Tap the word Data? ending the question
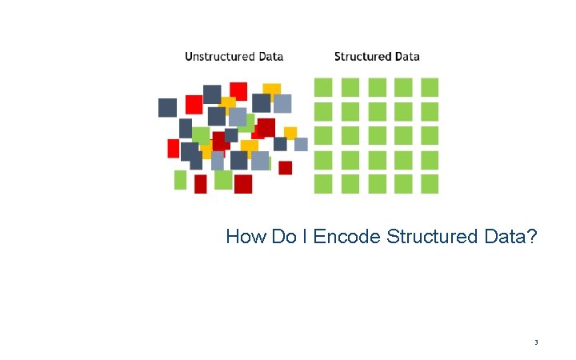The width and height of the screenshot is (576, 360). [x=510, y=237]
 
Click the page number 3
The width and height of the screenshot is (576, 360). [x=536, y=342]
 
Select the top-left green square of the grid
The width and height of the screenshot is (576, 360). [x=323, y=86]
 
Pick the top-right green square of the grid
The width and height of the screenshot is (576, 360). [x=430, y=86]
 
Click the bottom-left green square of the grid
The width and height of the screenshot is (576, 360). [x=323, y=184]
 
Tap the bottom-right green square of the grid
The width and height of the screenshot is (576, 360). [x=430, y=184]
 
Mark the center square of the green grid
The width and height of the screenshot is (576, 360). [x=377, y=135]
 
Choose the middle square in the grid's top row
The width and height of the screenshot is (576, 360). [x=377, y=86]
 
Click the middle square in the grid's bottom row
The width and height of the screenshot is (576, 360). [x=377, y=184]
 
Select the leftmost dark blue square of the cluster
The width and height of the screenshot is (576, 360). [x=167, y=107]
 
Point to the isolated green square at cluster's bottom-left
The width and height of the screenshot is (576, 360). [x=180, y=180]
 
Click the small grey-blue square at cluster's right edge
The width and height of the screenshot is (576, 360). [x=301, y=144]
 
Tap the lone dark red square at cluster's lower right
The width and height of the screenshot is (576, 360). [x=285, y=167]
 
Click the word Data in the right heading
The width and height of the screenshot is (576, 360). [x=406, y=57]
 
